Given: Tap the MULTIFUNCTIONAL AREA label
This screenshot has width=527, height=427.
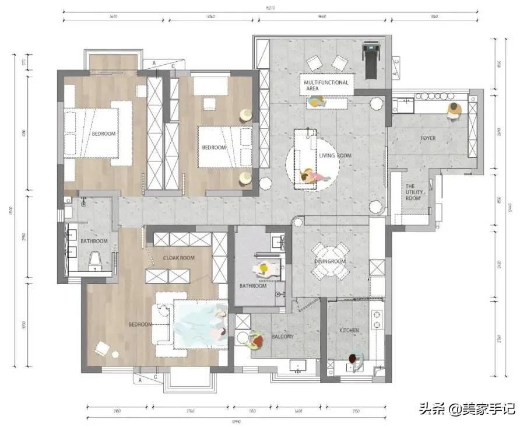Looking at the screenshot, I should click(x=326, y=86).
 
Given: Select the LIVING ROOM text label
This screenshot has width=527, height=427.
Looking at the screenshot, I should click(x=335, y=156).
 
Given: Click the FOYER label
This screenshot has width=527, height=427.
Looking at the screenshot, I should click(x=428, y=138).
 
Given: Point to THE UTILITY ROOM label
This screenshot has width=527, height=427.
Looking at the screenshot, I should click(x=413, y=192).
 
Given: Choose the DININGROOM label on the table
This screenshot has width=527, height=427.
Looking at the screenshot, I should click(x=330, y=261).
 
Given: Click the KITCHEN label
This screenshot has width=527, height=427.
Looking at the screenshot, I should click(x=349, y=330).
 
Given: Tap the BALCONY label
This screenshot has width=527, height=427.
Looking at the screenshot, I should click(x=283, y=337).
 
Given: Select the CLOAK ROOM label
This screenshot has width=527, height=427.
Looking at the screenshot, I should click(x=179, y=257).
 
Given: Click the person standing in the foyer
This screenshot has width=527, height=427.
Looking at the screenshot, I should click(x=454, y=110).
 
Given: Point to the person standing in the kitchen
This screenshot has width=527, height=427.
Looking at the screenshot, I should click(x=353, y=361).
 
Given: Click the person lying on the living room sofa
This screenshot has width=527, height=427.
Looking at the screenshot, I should click(x=311, y=176).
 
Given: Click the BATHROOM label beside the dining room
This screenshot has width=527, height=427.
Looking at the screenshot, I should click(x=253, y=286).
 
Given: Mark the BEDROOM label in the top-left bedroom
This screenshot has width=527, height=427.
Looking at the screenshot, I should click(x=103, y=134).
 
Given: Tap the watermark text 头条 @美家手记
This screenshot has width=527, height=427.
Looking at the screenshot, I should click(x=466, y=409).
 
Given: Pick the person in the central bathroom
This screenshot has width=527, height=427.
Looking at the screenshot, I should click(x=263, y=269).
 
